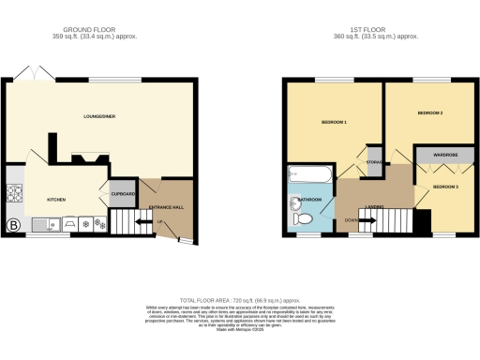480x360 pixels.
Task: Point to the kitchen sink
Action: [x=48, y=224]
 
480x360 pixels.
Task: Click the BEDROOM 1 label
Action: [x=334, y=123]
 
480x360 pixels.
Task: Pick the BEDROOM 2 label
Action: [x=428, y=112]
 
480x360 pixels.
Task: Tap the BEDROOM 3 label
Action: [x=443, y=187]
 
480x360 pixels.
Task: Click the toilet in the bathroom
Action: [x=301, y=217]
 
